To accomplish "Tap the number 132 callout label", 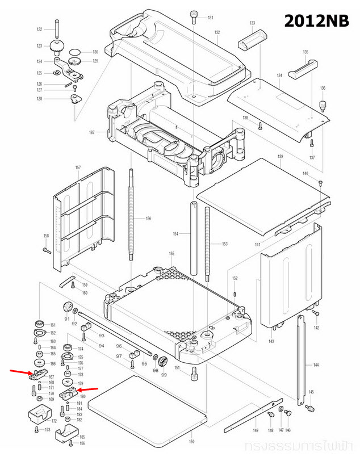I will coord(217,33).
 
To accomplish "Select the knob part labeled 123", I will coord(57,45).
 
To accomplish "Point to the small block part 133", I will coord(252,41).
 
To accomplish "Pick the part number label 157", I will coord(78,168).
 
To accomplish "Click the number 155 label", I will coord(171,253).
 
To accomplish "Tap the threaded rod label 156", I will coord(148,219).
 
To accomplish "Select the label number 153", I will coord(224,244).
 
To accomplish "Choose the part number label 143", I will coord(271,341).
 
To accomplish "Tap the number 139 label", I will coord(280,157).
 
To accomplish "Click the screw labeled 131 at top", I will coord(194,16).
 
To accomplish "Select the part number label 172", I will coord(55,421).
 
